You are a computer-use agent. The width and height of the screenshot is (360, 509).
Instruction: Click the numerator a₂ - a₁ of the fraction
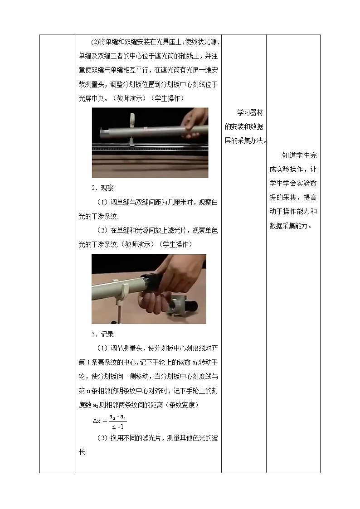(x=117, y=415)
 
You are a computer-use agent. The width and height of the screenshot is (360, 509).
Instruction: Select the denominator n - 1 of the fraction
(x=117, y=427)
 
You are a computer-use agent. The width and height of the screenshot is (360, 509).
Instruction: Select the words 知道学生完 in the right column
(x=299, y=155)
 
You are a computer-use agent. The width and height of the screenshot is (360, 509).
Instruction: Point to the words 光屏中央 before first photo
(x=93, y=98)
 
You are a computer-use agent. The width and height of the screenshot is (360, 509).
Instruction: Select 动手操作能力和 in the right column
(x=292, y=211)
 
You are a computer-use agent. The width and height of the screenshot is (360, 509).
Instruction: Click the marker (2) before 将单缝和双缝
(x=95, y=42)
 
